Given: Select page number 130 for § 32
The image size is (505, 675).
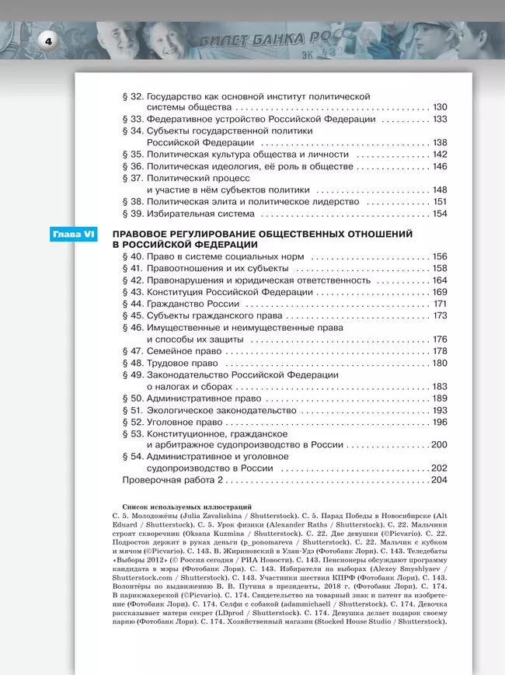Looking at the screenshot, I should [x=441, y=107].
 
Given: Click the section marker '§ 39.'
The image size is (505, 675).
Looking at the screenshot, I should [x=134, y=214].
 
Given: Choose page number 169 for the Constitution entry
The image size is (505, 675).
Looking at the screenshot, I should [x=441, y=292].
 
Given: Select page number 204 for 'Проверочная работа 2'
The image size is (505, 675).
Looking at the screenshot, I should [x=440, y=480].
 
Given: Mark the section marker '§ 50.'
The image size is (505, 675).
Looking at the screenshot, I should [x=134, y=398].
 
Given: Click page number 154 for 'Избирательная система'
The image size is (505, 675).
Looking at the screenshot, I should [x=441, y=214].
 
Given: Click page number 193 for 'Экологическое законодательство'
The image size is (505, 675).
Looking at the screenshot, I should [x=441, y=410].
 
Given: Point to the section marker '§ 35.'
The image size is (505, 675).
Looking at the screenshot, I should [x=134, y=155].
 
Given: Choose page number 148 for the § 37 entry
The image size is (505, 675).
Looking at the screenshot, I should [x=441, y=190].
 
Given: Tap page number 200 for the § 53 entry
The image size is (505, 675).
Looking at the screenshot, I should [x=440, y=445].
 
